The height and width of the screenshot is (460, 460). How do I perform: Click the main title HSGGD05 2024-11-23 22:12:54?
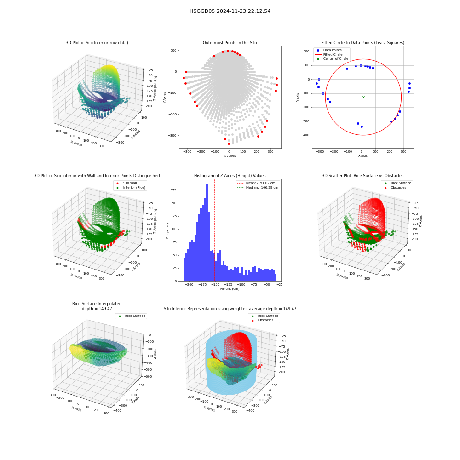[230, 11]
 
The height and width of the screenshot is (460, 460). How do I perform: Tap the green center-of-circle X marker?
[363, 97]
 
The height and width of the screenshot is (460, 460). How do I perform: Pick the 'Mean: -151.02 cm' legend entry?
[256, 183]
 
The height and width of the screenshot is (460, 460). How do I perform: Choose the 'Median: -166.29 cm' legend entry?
[258, 188]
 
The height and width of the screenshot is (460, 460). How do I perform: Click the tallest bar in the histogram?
[207, 232]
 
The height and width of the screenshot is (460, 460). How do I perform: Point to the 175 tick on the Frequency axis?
[174, 190]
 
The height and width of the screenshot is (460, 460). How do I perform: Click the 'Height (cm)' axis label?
[230, 289]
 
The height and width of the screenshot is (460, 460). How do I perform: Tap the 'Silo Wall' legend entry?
[127, 183]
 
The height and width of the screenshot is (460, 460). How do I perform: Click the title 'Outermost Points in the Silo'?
[230, 43]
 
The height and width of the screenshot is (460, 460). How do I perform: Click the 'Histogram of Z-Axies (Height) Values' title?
[230, 176]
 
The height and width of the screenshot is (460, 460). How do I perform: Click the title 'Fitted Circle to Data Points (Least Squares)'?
[363, 43]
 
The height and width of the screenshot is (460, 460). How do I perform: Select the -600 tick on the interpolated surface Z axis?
[148, 377]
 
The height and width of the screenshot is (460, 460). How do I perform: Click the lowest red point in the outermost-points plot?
[229, 144]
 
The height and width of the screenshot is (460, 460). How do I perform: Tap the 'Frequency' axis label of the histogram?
[167, 230]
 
